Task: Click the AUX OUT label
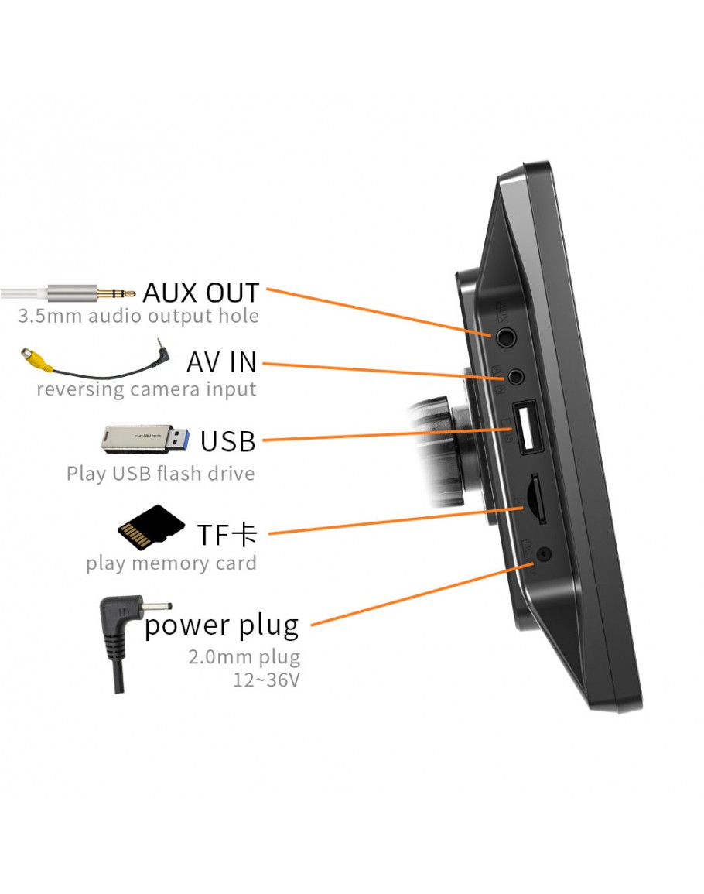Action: tap(201, 293)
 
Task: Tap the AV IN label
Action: tap(221, 361)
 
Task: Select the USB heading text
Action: tap(227, 440)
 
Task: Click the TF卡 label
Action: tap(226, 534)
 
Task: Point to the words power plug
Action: tap(221, 625)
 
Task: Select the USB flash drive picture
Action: tap(144, 438)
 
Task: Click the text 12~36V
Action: tap(266, 680)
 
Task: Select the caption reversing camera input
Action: tap(146, 389)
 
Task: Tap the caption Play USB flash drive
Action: tap(160, 473)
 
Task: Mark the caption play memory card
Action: tap(171, 563)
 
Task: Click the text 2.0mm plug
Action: tap(244, 657)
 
